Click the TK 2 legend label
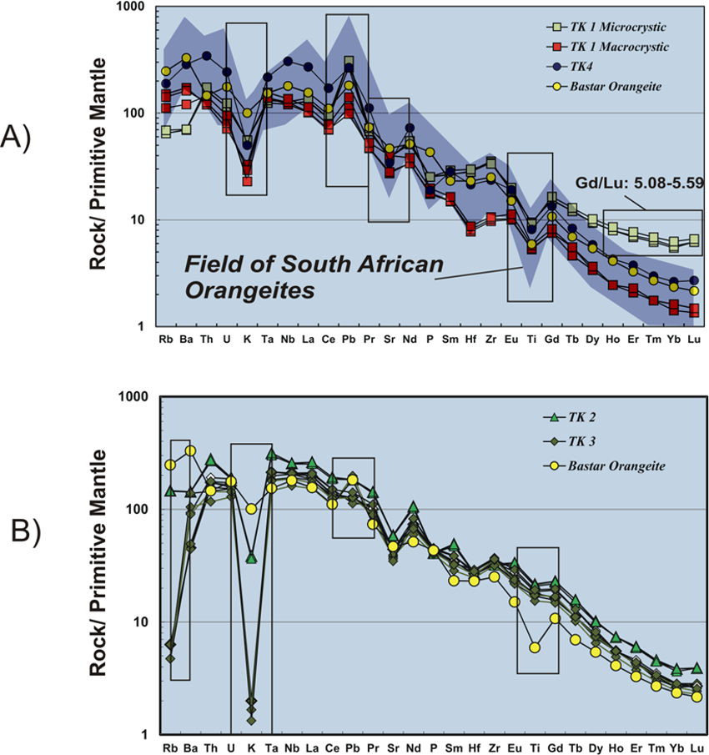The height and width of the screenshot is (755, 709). coord(581,417)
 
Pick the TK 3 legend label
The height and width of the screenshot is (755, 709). coord(581,441)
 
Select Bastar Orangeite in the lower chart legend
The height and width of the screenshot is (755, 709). coord(616,466)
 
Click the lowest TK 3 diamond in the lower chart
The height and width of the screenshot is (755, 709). coord(252,718)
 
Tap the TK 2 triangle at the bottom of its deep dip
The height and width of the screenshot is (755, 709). coord(251,557)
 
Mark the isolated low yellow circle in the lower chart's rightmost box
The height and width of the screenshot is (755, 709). coord(535,647)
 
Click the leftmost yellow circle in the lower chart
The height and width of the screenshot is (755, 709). coord(170,465)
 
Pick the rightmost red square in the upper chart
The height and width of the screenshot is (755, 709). coord(695,311)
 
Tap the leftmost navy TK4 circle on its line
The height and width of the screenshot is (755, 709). coord(166,83)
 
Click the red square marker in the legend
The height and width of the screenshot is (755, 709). coord(554,48)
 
